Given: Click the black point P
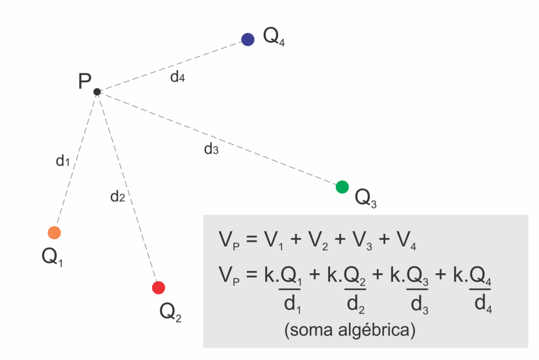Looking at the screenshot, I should tap(97, 92).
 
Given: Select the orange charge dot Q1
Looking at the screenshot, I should tap(54, 232).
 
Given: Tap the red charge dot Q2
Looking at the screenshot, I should tap(158, 288).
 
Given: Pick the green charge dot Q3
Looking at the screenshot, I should tap(342, 187).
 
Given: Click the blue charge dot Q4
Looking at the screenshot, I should tap(247, 39).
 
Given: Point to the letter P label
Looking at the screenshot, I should tap(85, 82).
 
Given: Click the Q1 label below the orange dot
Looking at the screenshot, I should tap(53, 257).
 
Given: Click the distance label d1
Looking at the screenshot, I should tap(63, 161).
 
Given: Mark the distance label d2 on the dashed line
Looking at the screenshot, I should tap(118, 197).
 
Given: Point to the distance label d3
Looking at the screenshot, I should tap(211, 149).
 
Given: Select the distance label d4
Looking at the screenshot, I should tap(177, 77).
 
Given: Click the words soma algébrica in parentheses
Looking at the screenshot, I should tap(350, 330).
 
